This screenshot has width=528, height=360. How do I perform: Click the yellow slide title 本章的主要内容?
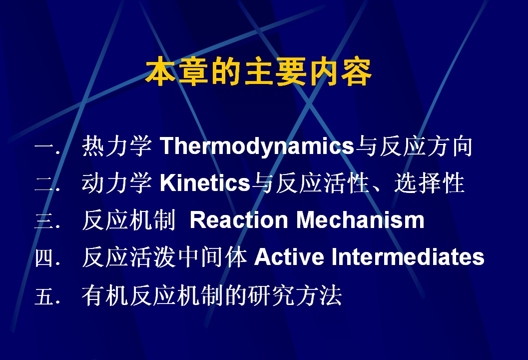pos(259,71)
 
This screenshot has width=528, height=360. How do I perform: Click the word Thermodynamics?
pos(257,146)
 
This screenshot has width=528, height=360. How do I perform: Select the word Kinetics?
pos(205,182)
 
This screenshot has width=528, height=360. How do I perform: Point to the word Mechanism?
pos(360,220)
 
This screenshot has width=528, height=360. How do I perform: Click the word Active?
pos(289,257)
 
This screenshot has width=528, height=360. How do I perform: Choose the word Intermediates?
pos(408,257)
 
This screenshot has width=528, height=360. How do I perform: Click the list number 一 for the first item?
pos(44,147)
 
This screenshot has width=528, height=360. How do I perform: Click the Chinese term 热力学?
pos(117,146)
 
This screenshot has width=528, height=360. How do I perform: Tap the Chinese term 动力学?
pos(117,182)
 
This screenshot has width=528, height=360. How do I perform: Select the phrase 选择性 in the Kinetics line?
pos(430,182)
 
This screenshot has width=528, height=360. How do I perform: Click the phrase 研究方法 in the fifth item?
pos(295,295)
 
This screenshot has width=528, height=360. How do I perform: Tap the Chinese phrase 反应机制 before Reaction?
pos(129,220)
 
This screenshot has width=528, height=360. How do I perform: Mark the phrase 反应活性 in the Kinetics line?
pos(322,182)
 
